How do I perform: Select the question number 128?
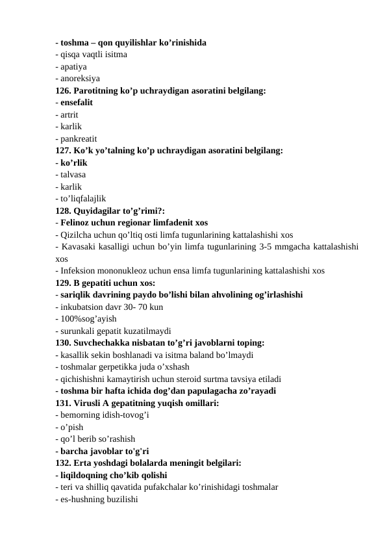coord(64,210)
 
